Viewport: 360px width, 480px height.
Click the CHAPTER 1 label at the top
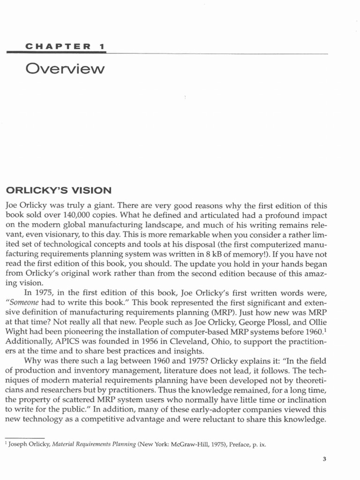click(x=65, y=47)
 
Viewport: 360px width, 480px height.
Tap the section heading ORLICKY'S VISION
click(x=59, y=191)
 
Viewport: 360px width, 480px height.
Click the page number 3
click(x=324, y=459)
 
